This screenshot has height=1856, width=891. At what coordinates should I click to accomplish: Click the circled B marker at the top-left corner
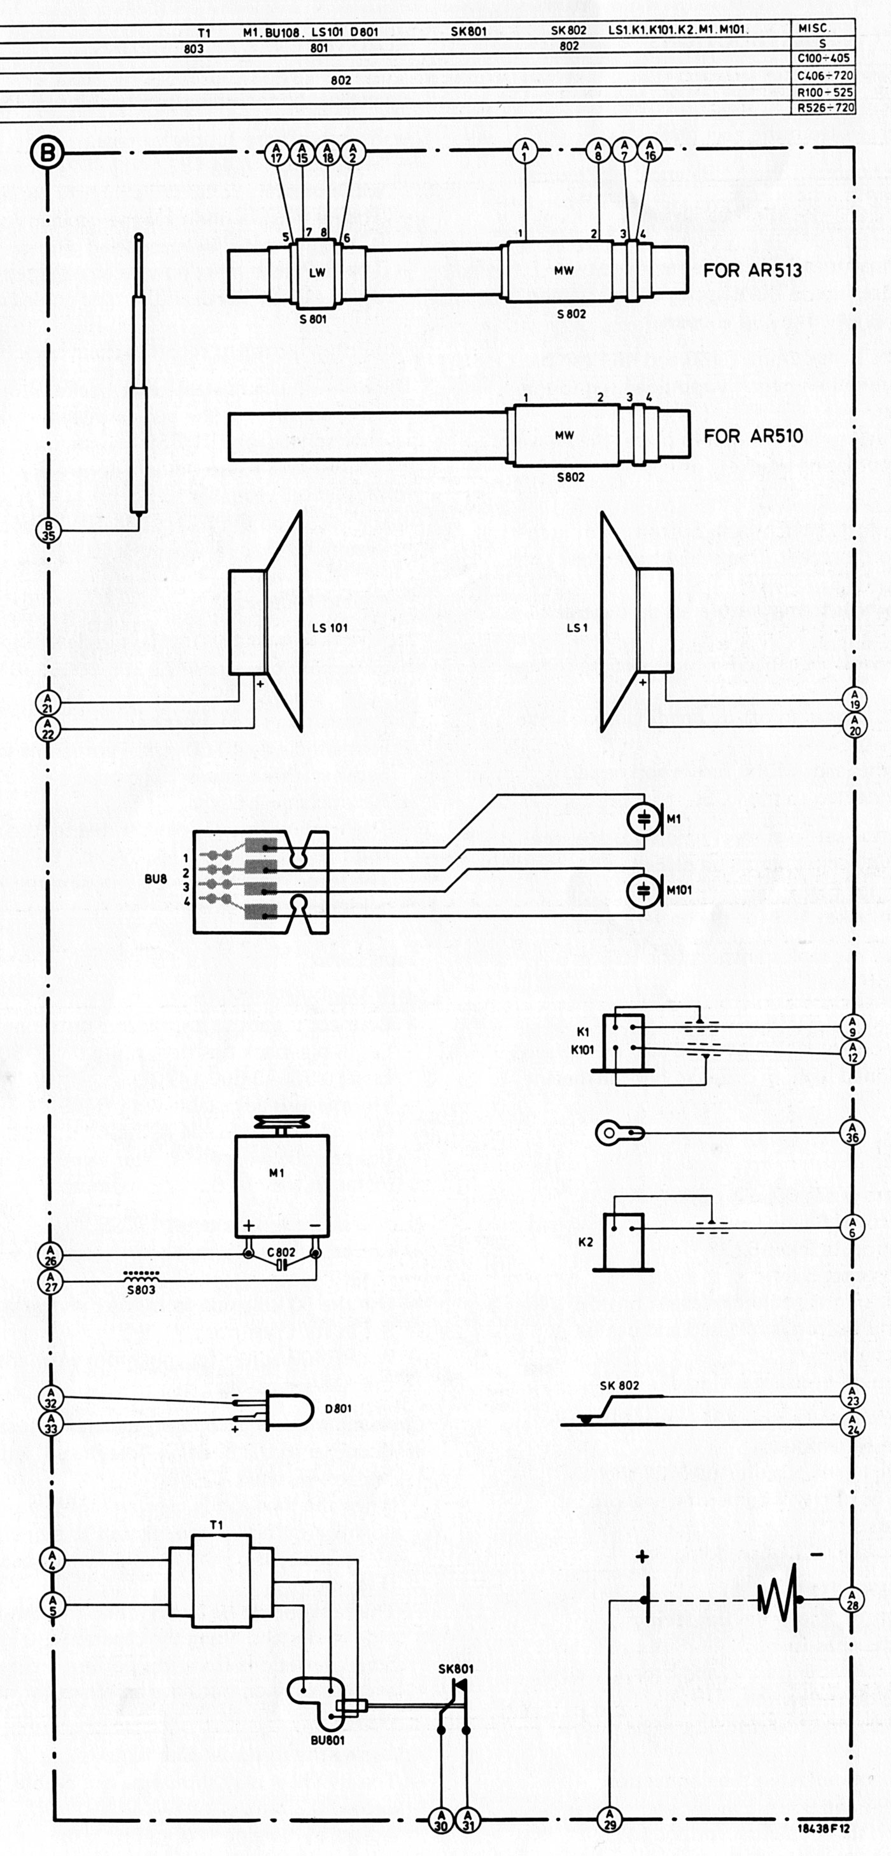pyautogui.click(x=48, y=153)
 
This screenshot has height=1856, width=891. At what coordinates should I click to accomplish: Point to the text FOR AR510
pyautogui.click(x=753, y=436)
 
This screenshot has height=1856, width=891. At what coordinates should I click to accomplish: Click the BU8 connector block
pyautogui.click(x=261, y=882)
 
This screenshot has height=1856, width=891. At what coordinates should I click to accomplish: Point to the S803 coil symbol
pyautogui.click(x=141, y=1275)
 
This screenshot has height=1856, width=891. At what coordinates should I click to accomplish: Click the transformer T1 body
pyautogui.click(x=221, y=1581)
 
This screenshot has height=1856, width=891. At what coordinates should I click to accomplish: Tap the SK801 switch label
pyautogui.click(x=456, y=1668)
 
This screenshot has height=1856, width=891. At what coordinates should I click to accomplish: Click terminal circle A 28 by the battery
pyautogui.click(x=852, y=1600)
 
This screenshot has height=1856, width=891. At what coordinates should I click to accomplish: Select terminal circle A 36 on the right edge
pyautogui.click(x=852, y=1133)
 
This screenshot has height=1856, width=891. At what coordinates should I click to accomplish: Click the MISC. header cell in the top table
pyautogui.click(x=814, y=28)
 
